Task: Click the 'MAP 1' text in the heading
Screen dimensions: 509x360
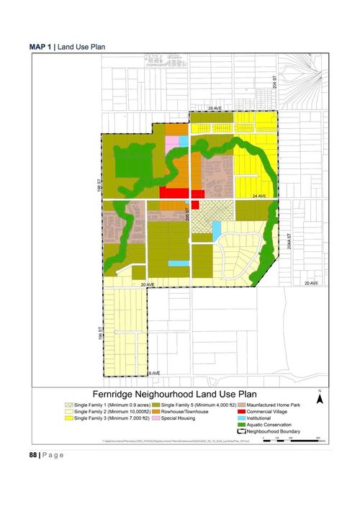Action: [x=41, y=46]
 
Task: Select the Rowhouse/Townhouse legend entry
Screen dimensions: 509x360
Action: [x=184, y=412]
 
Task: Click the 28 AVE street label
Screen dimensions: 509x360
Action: [x=215, y=108]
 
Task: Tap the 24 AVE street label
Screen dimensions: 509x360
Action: [x=259, y=196]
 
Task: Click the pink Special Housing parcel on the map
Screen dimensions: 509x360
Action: [x=172, y=143]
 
